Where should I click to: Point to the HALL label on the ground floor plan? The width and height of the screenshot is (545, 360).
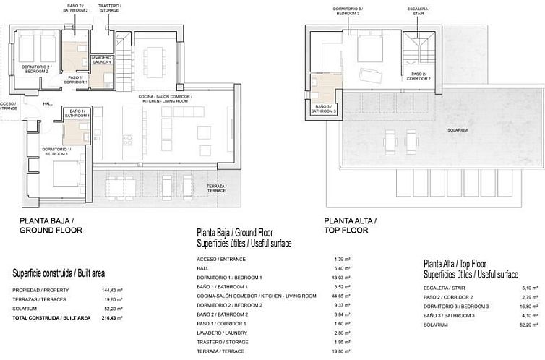pyautogui.click(x=48, y=103)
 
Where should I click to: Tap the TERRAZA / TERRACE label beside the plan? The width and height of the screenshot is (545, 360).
pyautogui.click(x=217, y=189)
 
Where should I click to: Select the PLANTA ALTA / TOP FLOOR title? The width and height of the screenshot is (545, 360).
pyautogui.click(x=351, y=226)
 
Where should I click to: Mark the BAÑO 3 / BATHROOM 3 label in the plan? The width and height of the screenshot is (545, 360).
pyautogui.click(x=324, y=109)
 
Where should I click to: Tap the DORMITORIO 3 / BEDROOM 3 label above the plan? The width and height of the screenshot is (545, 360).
pyautogui.click(x=348, y=11)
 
